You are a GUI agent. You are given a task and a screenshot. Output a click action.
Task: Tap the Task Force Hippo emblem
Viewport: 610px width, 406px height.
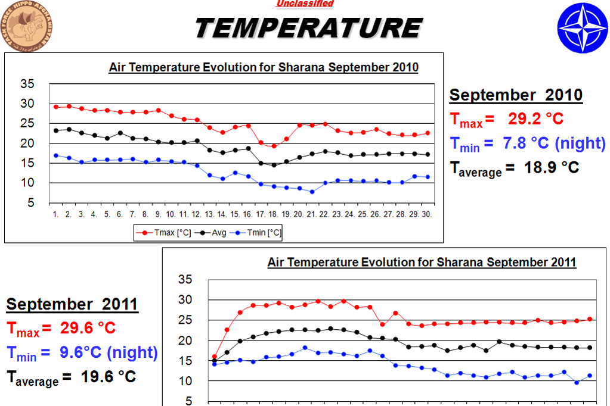tap(27, 27)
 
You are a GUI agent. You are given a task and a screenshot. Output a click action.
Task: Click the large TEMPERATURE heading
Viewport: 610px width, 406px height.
tap(309, 27)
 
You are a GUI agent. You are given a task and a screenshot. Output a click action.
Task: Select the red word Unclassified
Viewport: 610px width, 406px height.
tap(305, 4)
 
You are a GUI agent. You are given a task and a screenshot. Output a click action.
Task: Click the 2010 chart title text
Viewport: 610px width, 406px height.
tap(264, 67)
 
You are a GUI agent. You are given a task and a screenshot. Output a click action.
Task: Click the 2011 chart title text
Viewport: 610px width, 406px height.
tap(422, 262)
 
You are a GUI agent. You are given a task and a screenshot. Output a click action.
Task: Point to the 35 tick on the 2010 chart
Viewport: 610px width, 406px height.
tap(27, 84)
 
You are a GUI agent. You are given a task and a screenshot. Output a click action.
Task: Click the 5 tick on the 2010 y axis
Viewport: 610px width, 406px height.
tap(30, 203)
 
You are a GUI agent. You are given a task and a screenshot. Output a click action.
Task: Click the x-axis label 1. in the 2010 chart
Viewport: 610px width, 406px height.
tap(55, 214)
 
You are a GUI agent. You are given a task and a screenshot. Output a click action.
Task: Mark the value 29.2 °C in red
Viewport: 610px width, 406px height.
tap(535, 118)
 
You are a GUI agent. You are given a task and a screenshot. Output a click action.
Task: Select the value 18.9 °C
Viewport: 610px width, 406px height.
tap(552, 167)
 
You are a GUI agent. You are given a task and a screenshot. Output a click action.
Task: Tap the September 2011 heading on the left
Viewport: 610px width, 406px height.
tap(72, 304)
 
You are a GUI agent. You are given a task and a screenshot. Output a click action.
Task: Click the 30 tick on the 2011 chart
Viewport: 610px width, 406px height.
tap(185, 299)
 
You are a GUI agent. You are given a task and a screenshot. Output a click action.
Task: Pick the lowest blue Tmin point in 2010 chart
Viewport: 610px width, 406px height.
tap(312, 192)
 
